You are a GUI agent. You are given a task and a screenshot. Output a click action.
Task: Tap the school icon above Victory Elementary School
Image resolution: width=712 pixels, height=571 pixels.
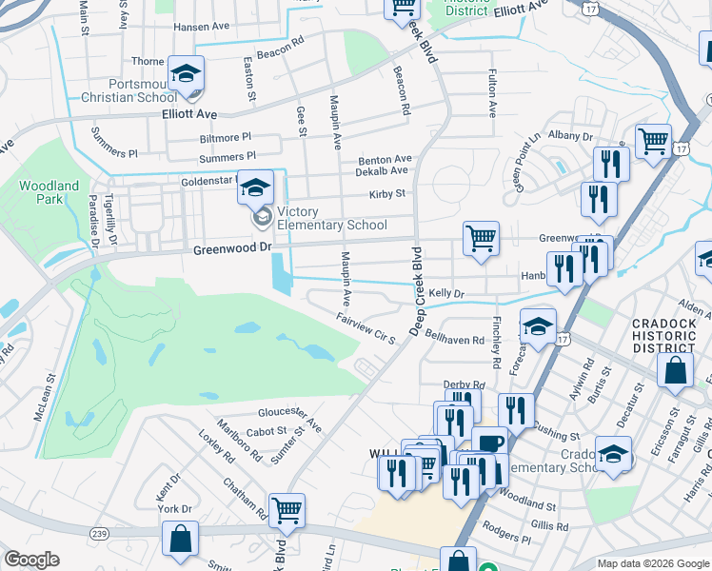[255, 187]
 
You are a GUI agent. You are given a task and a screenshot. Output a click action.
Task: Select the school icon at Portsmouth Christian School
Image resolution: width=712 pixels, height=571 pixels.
[187, 73]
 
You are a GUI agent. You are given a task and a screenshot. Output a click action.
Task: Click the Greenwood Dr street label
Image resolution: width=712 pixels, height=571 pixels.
[232, 249]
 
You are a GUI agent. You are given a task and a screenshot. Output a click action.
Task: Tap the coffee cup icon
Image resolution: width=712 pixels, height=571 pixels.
[489, 443]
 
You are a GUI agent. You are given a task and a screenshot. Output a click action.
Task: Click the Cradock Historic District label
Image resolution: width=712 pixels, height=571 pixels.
[670, 336]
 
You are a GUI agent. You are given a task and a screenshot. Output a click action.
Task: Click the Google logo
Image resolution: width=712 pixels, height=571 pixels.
[30, 560]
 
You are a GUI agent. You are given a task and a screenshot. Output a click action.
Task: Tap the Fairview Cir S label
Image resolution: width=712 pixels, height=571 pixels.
[365, 329]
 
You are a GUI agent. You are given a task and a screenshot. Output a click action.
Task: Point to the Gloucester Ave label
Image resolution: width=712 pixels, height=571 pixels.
[290, 416]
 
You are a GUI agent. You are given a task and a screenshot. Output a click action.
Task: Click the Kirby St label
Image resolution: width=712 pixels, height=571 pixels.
[387, 194]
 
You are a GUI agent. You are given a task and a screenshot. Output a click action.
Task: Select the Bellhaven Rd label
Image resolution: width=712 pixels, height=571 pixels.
[455, 338]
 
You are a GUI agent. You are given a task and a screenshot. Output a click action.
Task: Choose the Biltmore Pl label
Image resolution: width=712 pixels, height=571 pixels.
[226, 138]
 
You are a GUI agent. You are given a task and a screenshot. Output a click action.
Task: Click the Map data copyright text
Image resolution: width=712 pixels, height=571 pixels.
[653, 563]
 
